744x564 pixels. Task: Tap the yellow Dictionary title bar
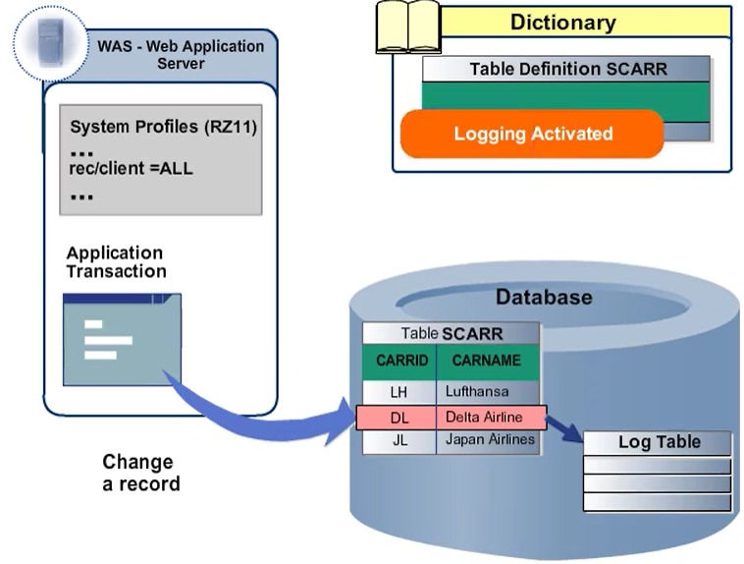click(x=562, y=22)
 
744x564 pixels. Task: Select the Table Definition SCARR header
click(x=566, y=69)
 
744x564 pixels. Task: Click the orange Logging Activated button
click(x=532, y=134)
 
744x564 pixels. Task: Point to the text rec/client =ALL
click(x=132, y=168)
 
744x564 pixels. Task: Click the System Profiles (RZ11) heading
click(x=163, y=128)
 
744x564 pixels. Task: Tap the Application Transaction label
click(x=116, y=262)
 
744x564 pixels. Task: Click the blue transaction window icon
click(x=122, y=338)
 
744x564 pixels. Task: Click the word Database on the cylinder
click(x=543, y=297)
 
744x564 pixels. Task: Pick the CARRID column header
click(x=401, y=361)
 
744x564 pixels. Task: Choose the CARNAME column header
click(x=487, y=361)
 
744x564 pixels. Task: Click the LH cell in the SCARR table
click(x=399, y=391)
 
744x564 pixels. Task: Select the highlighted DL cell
click(x=399, y=418)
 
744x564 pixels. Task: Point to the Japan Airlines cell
click(x=489, y=440)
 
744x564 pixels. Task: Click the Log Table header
click(x=659, y=442)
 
